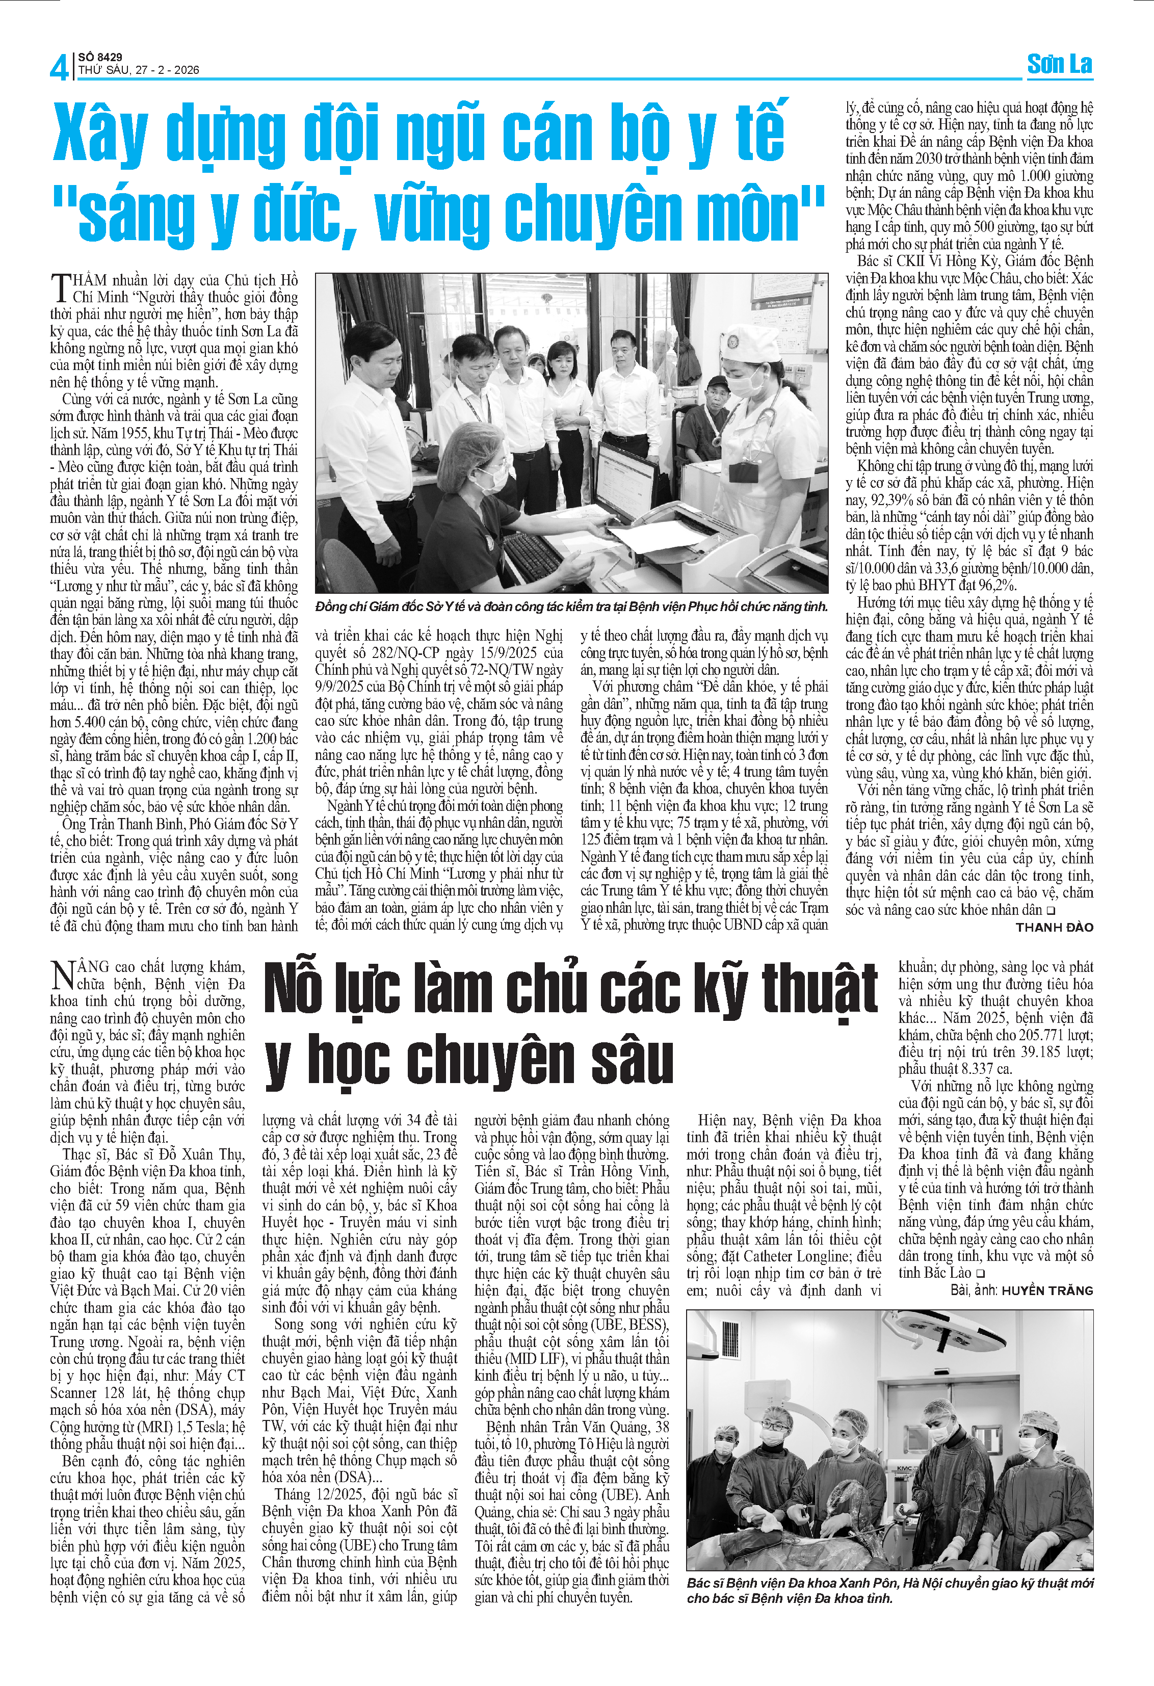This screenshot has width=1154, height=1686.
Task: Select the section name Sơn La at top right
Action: click(x=1059, y=65)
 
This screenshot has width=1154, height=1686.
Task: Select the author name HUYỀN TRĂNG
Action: click(x=1046, y=1290)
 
